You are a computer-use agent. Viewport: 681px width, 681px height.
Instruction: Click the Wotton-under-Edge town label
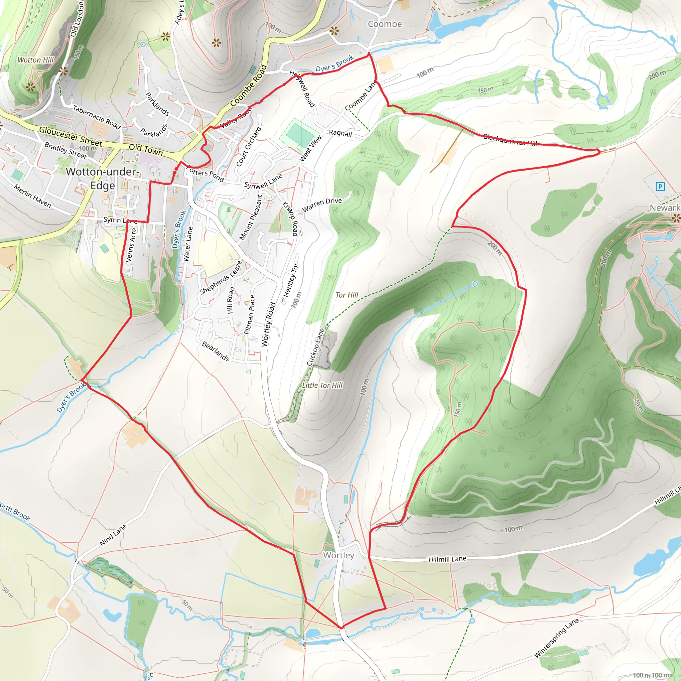pos(102,178)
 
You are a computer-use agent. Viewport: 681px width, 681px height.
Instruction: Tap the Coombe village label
pos(385,24)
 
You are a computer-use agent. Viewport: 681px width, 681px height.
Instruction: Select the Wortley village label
pos(339,555)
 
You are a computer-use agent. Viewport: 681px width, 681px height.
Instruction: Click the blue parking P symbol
pos(660,187)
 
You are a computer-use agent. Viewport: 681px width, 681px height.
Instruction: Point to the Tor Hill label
pos(347,295)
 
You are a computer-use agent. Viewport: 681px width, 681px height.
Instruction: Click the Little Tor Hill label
pos(322,385)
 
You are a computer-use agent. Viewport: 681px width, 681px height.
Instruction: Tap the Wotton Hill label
pos(36,60)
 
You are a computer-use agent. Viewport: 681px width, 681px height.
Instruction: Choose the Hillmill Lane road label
pos(447,559)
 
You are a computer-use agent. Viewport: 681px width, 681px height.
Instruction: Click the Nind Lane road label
pos(113,535)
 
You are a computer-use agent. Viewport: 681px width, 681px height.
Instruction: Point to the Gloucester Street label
pos(70,136)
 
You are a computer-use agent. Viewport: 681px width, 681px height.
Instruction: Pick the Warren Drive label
pos(322,204)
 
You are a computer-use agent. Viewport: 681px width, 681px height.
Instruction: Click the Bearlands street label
pos(215,351)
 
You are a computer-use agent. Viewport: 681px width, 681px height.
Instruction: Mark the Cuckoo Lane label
pos(315,347)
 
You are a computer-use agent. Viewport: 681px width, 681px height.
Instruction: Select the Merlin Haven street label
pos(33,196)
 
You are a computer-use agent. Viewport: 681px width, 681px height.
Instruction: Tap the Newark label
pos(664,208)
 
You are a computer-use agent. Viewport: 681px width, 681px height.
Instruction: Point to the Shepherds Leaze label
pos(220,278)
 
